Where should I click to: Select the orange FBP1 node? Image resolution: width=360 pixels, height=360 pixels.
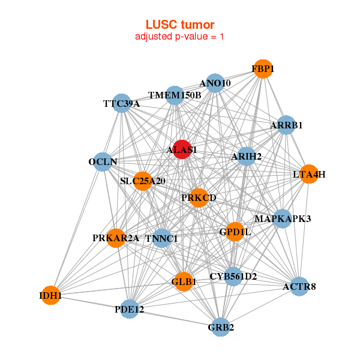point(262,69)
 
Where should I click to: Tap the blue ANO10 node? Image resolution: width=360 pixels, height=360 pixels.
point(215,83)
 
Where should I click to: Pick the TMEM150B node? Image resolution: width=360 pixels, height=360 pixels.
point(175,95)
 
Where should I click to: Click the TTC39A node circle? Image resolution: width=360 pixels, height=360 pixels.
point(122,103)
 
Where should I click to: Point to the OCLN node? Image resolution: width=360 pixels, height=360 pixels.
point(103,161)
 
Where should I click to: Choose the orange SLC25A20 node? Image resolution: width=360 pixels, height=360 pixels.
point(143,180)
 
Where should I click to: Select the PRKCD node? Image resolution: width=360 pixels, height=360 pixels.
point(199,197)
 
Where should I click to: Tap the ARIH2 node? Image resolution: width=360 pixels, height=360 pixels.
point(247,157)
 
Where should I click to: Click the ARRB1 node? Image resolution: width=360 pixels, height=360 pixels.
point(286,125)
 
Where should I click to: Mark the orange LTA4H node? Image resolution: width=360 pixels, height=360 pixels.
point(308,175)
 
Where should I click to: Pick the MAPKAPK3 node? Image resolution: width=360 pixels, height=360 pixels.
point(282,219)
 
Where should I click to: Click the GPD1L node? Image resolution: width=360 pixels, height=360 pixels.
point(235,231)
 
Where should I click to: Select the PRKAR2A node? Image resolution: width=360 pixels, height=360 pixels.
point(116,238)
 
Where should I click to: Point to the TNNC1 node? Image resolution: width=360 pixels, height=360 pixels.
point(162,238)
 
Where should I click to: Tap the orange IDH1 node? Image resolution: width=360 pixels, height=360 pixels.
point(51,295)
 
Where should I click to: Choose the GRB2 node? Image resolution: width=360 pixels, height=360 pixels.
point(221,327)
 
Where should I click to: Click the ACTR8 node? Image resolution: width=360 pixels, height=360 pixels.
point(299,286)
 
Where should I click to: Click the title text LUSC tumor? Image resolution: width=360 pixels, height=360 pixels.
point(180,24)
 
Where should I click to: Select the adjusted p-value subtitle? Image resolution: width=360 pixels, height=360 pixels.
point(180,37)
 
